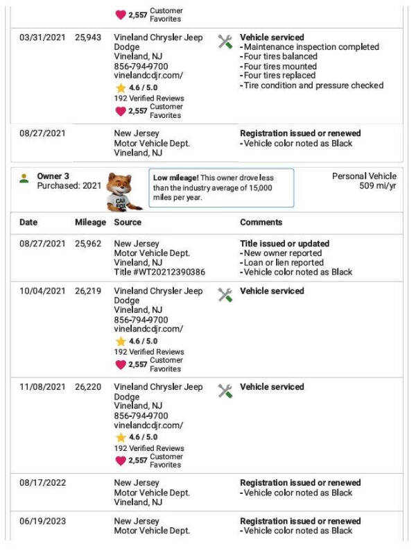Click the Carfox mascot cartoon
(124, 191)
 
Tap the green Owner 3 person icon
(24, 178)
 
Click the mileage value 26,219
(90, 291)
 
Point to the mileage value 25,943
(90, 37)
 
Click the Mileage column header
(90, 223)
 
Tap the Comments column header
(261, 223)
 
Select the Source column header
(128, 223)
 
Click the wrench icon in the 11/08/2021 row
(225, 391)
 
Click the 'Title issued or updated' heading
(284, 244)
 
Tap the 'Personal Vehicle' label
(365, 176)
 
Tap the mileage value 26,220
(90, 387)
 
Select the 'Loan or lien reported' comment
(284, 263)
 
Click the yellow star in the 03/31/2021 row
(121, 88)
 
